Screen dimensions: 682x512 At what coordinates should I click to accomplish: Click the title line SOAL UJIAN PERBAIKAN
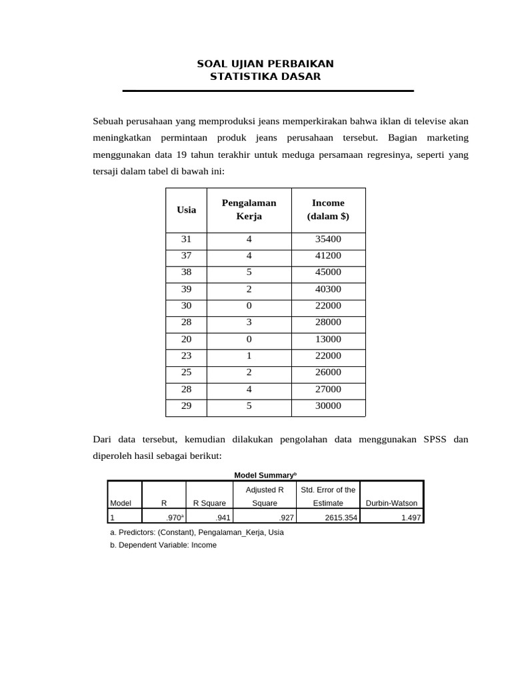(265, 64)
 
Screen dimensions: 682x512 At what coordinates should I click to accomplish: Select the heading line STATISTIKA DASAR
(265, 77)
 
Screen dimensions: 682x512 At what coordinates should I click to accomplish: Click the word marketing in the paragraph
(443, 138)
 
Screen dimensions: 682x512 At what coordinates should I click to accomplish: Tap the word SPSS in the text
(433, 440)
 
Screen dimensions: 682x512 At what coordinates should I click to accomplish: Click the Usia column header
(187, 210)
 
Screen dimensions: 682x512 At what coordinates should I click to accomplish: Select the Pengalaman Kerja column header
(249, 210)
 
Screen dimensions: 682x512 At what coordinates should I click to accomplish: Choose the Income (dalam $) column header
(328, 210)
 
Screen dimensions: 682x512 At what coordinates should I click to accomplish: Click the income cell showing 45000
(328, 272)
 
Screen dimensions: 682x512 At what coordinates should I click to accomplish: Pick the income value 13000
(328, 339)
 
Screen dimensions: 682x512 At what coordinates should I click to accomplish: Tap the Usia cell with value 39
(187, 289)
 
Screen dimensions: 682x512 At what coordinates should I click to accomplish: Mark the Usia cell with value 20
(187, 339)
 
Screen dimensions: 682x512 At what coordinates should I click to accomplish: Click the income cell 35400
(328, 239)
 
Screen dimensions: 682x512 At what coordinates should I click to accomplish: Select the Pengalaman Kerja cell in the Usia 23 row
(249, 356)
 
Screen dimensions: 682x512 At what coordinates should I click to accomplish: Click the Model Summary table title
(265, 475)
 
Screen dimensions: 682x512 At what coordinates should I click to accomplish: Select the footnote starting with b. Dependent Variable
(163, 545)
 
